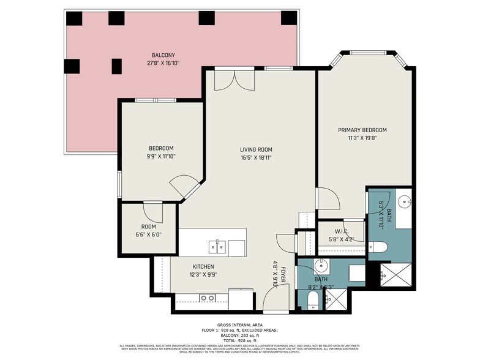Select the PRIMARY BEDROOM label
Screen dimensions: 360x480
[x=362, y=130]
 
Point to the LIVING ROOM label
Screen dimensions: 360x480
[x=256, y=149]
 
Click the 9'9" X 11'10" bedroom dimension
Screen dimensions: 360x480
[x=161, y=156]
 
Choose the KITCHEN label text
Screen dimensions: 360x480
[x=203, y=266]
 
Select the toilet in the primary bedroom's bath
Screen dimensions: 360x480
[x=378, y=247]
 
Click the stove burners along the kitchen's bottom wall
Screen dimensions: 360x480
[x=207, y=299]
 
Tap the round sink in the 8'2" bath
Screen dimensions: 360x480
[x=321, y=267]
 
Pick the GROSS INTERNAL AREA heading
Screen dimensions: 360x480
[x=240, y=326]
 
